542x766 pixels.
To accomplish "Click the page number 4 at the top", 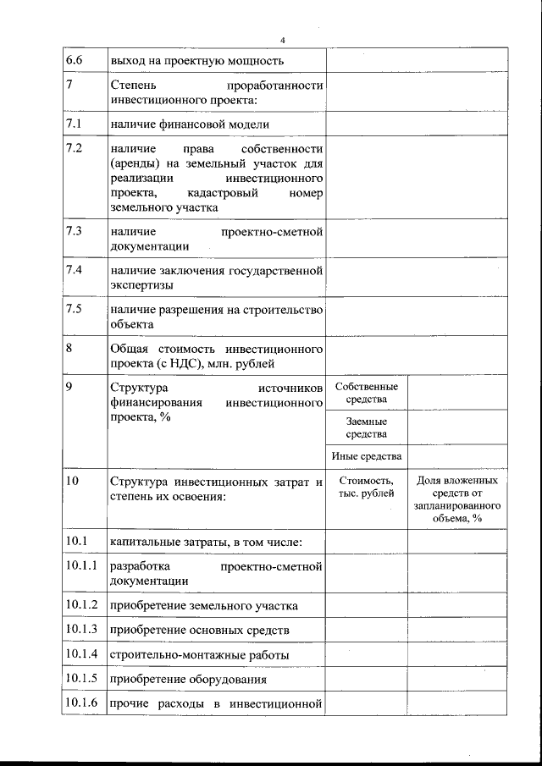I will click(284, 41).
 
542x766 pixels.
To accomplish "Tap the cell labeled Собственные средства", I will click(367, 393).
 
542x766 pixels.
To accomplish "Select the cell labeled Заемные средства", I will click(367, 427).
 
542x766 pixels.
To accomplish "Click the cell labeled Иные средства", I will click(367, 457).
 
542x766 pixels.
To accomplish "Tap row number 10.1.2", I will click(80, 605).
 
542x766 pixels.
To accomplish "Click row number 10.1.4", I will click(80, 654).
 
